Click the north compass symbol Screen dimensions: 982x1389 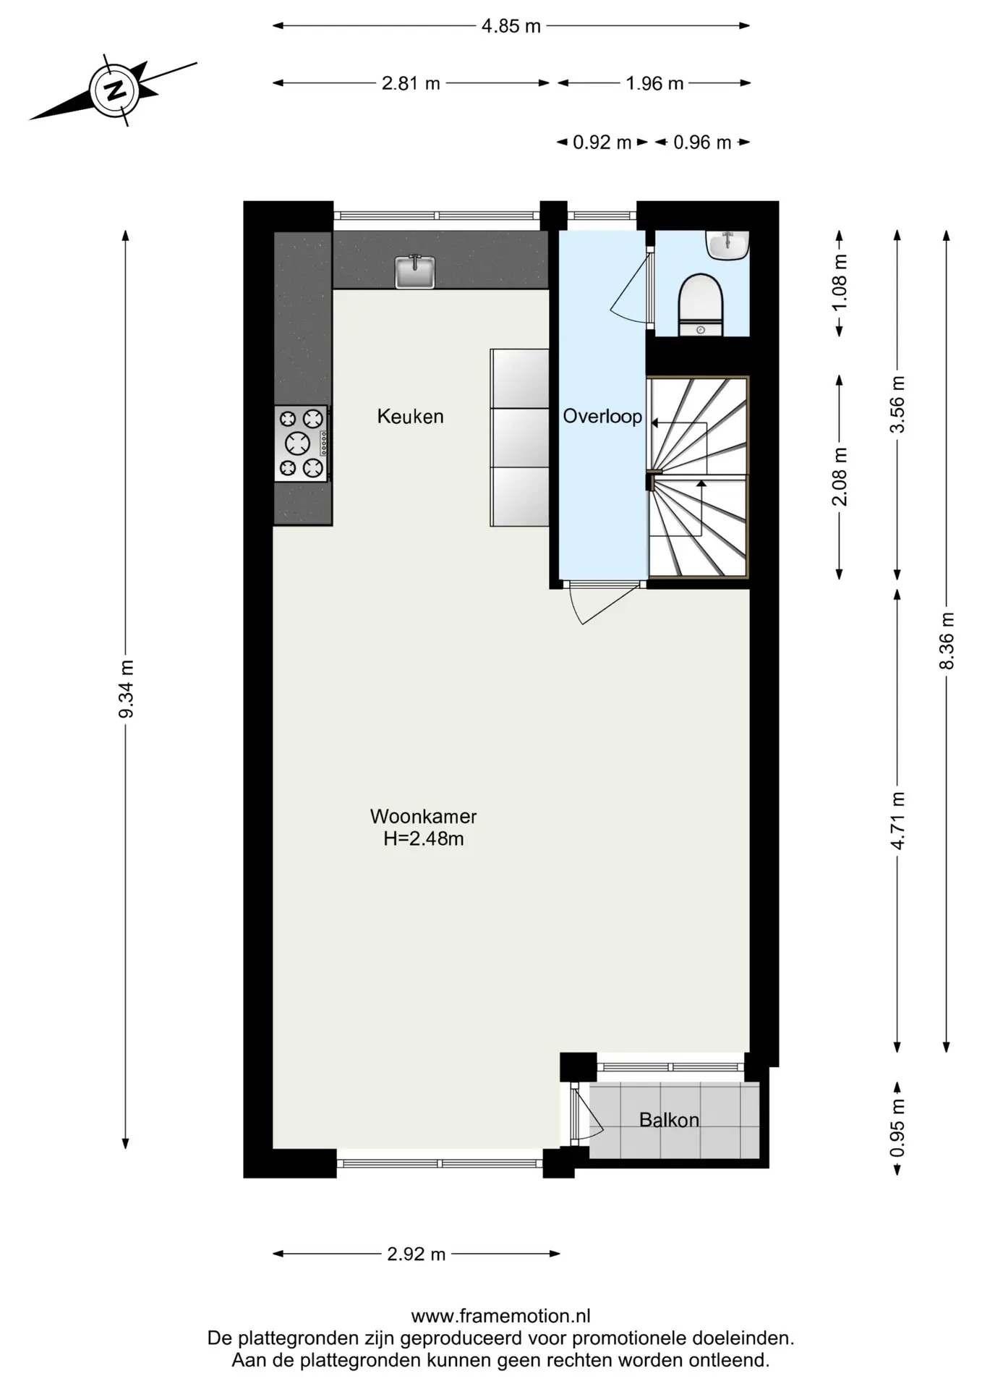114,90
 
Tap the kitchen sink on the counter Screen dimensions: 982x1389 415,271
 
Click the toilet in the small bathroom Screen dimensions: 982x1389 701,305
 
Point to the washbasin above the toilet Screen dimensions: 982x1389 727,245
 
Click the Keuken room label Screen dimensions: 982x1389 410,416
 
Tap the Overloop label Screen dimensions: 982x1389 602,416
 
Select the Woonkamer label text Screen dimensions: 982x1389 423,816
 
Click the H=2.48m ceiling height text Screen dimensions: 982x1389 423,838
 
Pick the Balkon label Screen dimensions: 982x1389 669,1120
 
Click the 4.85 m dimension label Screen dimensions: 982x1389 511,26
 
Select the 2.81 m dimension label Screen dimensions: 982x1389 411,83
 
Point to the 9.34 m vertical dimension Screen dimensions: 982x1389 126,689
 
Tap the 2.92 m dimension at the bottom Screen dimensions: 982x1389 416,1254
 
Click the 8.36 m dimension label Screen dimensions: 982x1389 947,640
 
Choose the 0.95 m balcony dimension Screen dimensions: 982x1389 897,1128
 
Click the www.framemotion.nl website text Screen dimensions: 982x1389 500,1315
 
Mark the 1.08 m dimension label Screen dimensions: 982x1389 840,283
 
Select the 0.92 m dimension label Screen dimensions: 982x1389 602,143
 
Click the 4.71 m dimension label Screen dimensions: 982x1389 897,821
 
